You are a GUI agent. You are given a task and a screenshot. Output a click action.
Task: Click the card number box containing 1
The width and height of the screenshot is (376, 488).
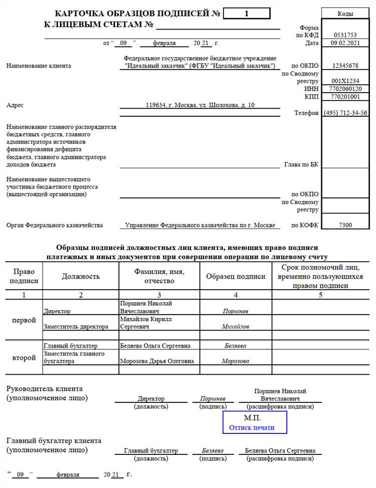click(x=246, y=14)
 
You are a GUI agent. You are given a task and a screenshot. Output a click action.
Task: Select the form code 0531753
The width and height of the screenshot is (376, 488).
click(x=345, y=35)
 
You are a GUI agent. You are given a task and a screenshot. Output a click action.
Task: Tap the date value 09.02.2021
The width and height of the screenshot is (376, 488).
click(x=345, y=44)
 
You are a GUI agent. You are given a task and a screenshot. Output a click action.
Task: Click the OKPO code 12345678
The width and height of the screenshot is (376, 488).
click(x=345, y=66)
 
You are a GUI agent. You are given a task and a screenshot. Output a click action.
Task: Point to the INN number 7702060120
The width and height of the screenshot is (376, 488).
click(x=345, y=89)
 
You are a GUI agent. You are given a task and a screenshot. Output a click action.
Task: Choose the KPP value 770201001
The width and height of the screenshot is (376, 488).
click(x=345, y=96)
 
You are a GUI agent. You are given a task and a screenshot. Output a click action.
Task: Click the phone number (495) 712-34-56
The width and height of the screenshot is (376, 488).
click(x=345, y=113)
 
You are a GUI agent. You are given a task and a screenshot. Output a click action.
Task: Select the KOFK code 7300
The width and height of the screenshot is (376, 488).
click(x=345, y=225)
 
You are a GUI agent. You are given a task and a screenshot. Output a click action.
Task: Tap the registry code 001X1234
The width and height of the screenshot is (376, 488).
click(x=345, y=81)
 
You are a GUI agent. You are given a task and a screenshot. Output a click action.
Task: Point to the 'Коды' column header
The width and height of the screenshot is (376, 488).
click(x=345, y=14)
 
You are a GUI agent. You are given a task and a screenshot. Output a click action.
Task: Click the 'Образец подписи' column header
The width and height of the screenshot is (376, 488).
click(x=236, y=276)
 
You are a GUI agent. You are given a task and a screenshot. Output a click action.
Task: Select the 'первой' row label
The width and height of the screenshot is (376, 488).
click(x=24, y=319)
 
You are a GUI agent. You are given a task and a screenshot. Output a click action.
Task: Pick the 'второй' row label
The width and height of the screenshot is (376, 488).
click(x=24, y=358)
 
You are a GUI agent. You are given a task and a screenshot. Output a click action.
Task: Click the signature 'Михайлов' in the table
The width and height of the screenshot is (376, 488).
click(x=235, y=327)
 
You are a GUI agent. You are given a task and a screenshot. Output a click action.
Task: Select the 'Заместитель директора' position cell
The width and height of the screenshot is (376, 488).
click(x=76, y=327)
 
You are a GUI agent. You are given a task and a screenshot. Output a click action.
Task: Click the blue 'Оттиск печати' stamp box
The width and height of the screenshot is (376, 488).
click(x=255, y=423)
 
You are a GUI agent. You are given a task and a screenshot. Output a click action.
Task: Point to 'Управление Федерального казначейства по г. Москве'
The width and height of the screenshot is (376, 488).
click(x=200, y=225)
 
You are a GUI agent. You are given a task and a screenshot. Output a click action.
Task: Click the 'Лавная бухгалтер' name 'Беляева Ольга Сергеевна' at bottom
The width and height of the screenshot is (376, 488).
click(x=280, y=450)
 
